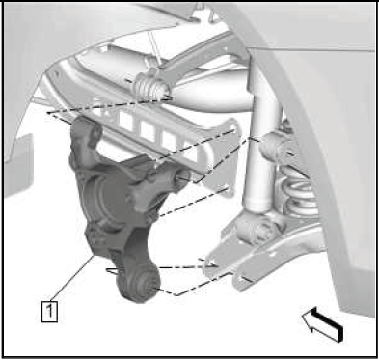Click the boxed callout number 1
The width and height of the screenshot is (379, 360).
[x=49, y=311]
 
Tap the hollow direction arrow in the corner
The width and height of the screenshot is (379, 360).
[x=323, y=323]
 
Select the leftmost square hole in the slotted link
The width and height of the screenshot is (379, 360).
[x=126, y=120]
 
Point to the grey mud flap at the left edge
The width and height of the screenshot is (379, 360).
[x=18, y=165]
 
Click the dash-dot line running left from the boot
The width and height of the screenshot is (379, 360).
[x=109, y=105]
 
